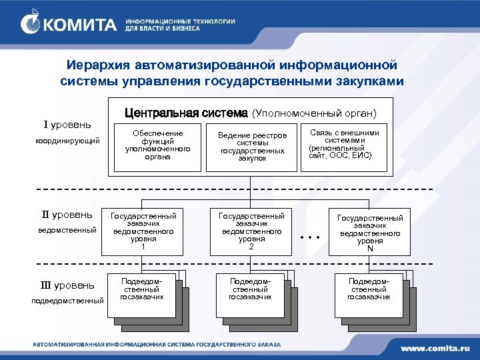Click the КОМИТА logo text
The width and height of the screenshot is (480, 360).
click(x=80, y=25)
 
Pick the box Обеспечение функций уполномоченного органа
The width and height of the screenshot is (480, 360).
click(x=157, y=143)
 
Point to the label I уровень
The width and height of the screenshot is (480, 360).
click(x=67, y=125)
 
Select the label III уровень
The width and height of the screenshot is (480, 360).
click(x=67, y=285)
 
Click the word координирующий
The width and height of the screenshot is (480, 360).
click(x=67, y=141)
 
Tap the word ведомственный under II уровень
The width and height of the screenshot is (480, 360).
click(x=67, y=229)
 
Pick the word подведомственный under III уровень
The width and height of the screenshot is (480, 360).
click(x=67, y=301)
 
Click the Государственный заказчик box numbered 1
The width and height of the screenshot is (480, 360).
click(x=143, y=231)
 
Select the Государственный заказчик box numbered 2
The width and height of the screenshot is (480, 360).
click(x=251, y=231)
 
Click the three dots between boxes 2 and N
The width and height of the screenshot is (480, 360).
click(x=310, y=237)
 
